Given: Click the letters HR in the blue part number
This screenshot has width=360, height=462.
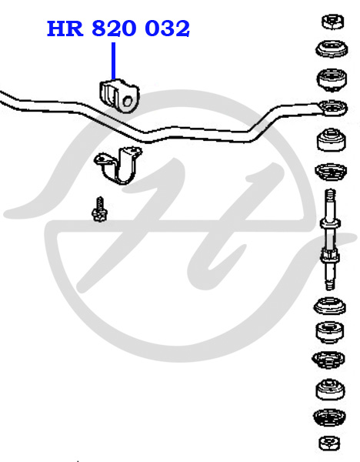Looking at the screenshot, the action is tap(65, 28).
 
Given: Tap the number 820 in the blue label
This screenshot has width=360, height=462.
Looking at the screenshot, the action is tap(114, 28).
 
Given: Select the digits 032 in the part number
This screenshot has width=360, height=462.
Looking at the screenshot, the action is tap(167, 28).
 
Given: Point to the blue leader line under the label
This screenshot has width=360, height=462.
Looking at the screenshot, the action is tap(113, 61).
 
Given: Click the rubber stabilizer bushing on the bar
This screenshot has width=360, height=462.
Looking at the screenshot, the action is tap(119, 95).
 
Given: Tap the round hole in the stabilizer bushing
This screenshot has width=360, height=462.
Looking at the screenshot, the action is tap(127, 101).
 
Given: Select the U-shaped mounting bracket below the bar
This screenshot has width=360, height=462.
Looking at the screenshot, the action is tap(118, 166).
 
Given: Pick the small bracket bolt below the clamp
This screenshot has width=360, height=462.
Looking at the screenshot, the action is tap(99, 209).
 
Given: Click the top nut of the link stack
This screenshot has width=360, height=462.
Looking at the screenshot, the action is tap(332, 22).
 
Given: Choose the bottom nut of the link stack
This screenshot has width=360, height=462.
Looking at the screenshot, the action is tap(329, 444).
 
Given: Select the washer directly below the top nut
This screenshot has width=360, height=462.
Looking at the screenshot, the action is tap(332, 49).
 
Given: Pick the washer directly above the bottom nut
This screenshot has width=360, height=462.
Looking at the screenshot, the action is tap(329, 417).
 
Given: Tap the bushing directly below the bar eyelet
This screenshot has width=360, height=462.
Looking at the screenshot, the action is tap(332, 139).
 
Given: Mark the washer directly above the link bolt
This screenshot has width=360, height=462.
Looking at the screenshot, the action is tap(331, 172).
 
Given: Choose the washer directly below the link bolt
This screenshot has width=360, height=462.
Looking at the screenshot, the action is tap(330, 306).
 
